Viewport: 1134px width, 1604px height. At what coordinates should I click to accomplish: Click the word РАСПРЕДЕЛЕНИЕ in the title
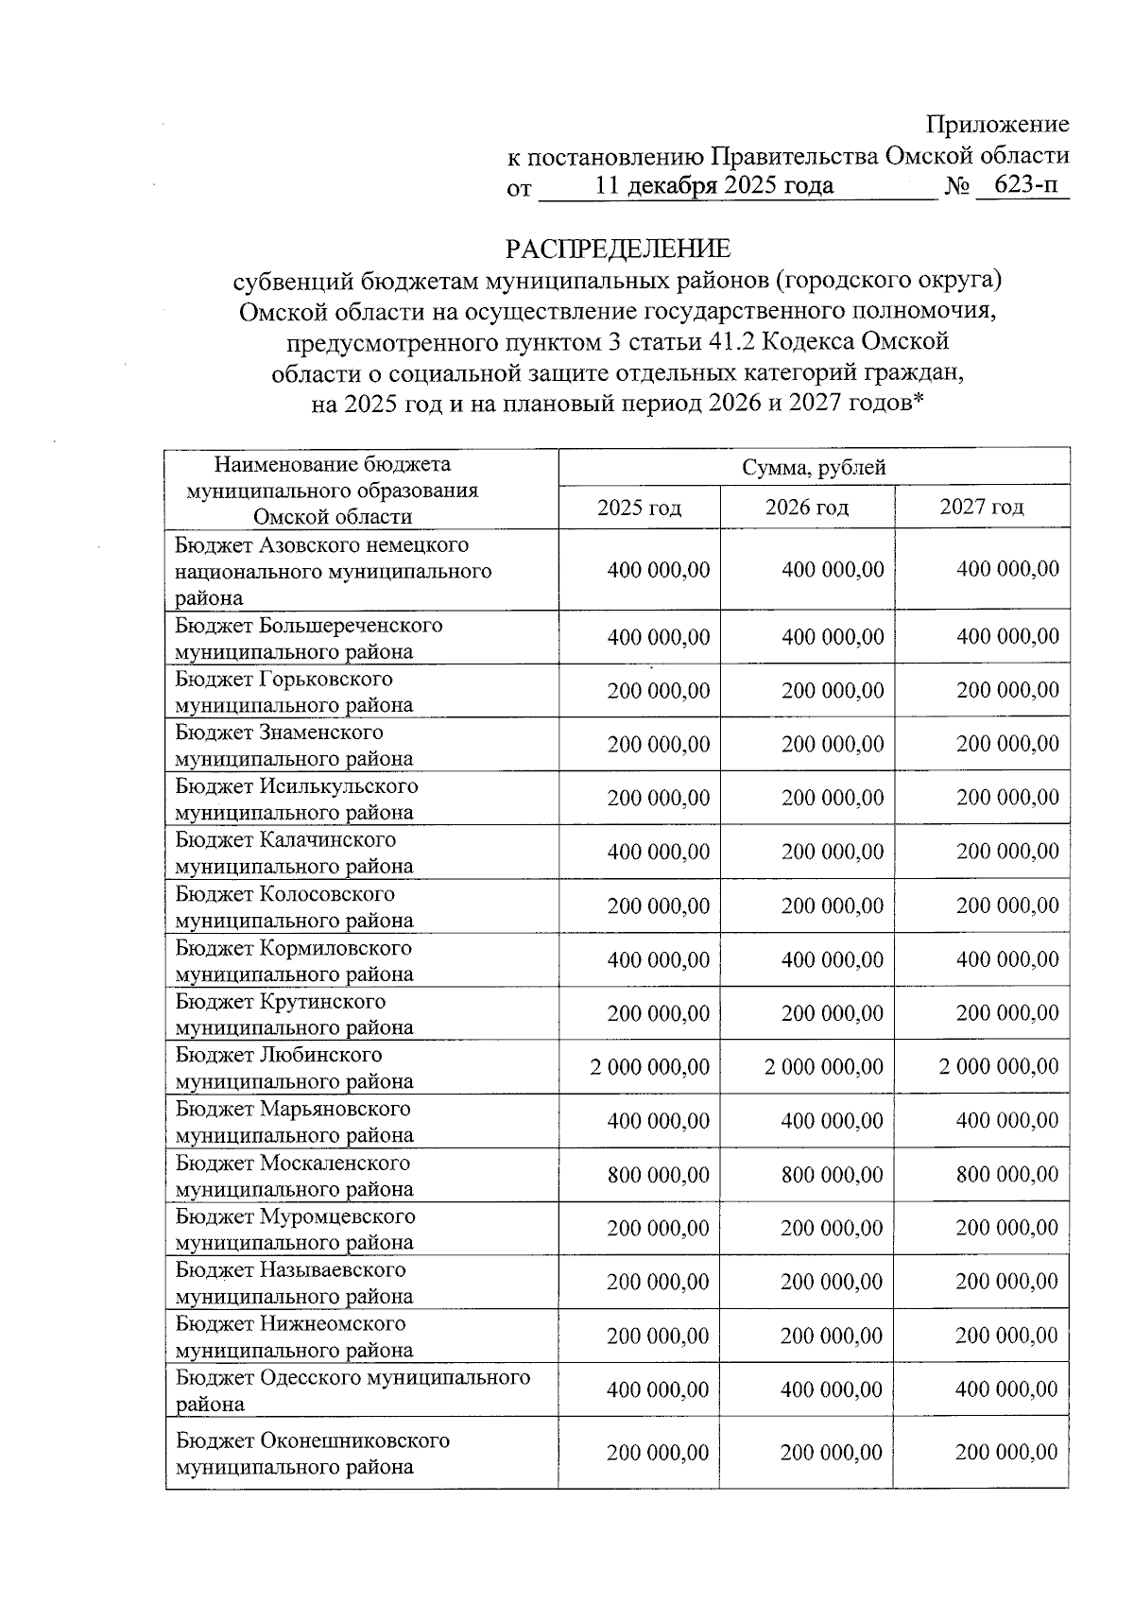[618, 249]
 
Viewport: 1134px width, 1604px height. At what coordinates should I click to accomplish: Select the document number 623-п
[1025, 185]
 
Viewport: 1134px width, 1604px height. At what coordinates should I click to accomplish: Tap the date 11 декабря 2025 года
[714, 185]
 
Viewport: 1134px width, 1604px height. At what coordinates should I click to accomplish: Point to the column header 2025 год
[639, 508]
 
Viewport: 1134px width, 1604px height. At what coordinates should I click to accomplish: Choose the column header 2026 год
[807, 508]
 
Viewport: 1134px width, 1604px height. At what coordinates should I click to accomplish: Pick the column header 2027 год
[982, 507]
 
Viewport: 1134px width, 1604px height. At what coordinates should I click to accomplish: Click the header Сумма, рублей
[814, 467]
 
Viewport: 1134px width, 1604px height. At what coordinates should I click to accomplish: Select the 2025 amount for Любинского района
[650, 1067]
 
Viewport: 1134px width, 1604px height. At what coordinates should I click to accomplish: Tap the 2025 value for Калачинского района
[659, 852]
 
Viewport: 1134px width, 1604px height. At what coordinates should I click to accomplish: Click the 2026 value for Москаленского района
[833, 1175]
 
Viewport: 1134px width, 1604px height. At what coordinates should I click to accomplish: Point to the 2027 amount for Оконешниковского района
[1006, 1453]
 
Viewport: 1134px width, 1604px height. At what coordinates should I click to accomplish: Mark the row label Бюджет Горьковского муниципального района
[294, 692]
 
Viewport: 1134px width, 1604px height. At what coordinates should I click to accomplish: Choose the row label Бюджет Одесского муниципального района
[352, 1390]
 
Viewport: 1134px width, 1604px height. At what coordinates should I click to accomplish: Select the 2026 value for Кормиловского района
[833, 959]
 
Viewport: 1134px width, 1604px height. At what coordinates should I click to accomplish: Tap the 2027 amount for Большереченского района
[1007, 636]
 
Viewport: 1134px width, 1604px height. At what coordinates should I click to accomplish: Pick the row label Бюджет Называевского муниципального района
[294, 1283]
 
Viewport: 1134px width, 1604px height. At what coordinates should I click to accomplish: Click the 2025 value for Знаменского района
[659, 744]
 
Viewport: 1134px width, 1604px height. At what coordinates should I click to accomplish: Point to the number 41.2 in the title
[723, 341]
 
